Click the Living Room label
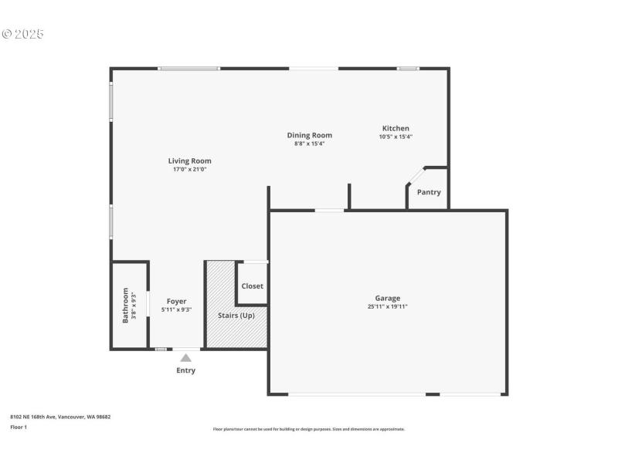pyautogui.click(x=189, y=161)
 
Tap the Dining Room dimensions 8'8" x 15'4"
pyautogui.click(x=309, y=144)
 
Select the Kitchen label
pyautogui.click(x=396, y=128)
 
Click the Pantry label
pyautogui.click(x=429, y=192)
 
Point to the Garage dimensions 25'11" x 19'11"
pyautogui.click(x=388, y=306)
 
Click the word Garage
pyautogui.click(x=388, y=298)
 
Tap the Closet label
pyautogui.click(x=252, y=286)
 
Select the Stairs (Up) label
pyautogui.click(x=236, y=316)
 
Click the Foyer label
pyautogui.click(x=177, y=301)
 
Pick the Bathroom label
pyautogui.click(x=125, y=305)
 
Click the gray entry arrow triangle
pyautogui.click(x=185, y=357)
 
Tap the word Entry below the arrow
pyautogui.click(x=185, y=370)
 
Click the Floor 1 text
pyautogui.click(x=19, y=427)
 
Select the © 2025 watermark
pyautogui.click(x=23, y=34)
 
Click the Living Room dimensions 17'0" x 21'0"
pyautogui.click(x=189, y=169)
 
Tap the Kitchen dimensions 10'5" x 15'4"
pyautogui.click(x=396, y=137)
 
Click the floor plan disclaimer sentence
pyautogui.click(x=308, y=429)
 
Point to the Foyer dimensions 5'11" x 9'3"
pyautogui.click(x=177, y=309)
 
